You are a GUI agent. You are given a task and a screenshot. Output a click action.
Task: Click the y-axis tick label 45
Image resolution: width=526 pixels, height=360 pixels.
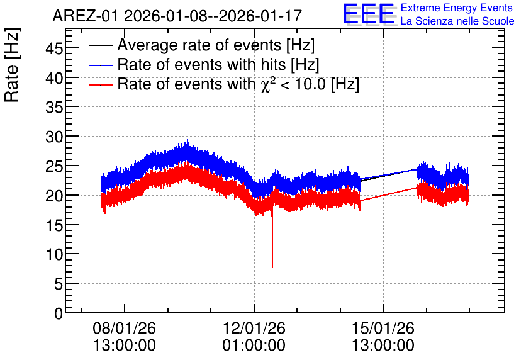point(54,49)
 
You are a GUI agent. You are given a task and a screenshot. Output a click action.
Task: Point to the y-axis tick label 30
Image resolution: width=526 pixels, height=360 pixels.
point(54,137)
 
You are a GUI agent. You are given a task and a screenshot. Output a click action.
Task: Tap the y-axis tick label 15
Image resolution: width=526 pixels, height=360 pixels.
point(54,225)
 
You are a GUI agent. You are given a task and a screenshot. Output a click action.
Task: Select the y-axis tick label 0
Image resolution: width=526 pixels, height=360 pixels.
point(59,313)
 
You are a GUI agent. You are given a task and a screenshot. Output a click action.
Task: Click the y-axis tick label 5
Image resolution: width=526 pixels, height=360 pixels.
point(59,284)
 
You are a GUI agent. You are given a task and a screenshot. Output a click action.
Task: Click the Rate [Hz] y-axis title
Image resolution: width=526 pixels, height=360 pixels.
point(12,65)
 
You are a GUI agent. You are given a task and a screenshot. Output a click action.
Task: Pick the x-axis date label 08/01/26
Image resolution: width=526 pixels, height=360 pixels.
point(125,328)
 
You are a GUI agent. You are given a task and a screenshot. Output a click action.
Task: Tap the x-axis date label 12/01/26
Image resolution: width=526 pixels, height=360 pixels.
point(254,328)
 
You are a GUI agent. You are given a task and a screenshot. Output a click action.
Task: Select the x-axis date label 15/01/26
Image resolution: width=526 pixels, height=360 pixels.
point(383,328)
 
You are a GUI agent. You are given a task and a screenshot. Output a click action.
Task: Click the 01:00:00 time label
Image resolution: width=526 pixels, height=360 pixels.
point(254,345)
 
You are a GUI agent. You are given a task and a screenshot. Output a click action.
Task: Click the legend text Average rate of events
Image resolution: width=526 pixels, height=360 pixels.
point(199,45)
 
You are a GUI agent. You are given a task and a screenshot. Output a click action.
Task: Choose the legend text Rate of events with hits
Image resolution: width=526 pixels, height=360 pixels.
point(201,64)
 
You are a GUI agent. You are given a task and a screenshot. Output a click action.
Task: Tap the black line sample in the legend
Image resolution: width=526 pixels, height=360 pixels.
point(100,45)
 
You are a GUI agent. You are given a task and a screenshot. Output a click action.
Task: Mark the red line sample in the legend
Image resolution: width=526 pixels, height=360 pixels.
point(100,85)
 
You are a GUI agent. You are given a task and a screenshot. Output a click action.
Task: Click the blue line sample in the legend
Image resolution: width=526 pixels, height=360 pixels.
point(100,65)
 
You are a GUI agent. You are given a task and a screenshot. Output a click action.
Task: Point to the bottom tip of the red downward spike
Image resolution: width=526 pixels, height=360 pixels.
point(272,267)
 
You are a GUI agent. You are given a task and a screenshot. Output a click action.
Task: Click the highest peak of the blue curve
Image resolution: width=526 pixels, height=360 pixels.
point(187,140)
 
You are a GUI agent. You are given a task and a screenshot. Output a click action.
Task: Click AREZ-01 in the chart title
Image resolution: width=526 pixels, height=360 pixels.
point(85,16)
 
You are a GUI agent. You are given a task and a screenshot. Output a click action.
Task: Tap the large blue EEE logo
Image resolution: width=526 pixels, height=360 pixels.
point(368,14)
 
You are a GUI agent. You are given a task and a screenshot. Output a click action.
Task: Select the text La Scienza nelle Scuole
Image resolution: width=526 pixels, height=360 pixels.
point(457,21)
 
